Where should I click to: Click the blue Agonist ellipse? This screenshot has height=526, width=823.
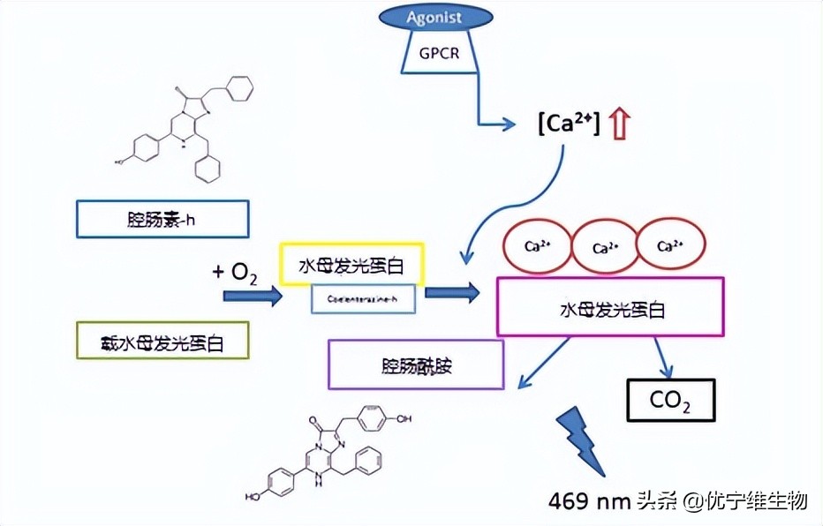pyautogui.click(x=435, y=17)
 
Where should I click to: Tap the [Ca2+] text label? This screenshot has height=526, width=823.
pyautogui.click(x=568, y=124)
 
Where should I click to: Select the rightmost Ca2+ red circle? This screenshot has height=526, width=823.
pyautogui.click(x=671, y=246)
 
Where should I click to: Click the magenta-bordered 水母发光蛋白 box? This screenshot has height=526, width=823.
pyautogui.click(x=610, y=306)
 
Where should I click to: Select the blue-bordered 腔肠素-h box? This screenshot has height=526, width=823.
pyautogui.click(x=162, y=219)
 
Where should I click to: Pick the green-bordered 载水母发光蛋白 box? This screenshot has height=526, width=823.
pyautogui.click(x=162, y=340)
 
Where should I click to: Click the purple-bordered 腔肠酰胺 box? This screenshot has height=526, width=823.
pyautogui.click(x=416, y=364)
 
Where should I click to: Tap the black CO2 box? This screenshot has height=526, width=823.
pyautogui.click(x=669, y=400)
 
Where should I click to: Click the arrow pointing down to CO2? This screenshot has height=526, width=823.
pyautogui.click(x=662, y=357)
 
